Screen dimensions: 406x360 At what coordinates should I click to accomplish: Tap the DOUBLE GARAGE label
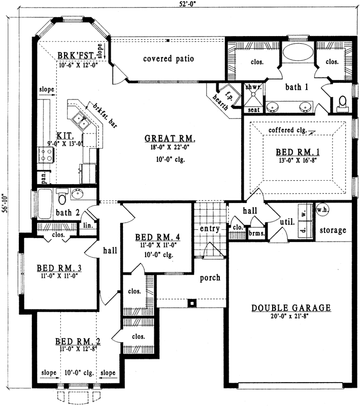[x=291, y=308]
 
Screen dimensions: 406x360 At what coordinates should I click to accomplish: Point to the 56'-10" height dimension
[x=5, y=203]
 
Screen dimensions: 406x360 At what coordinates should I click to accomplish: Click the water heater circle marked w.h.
[x=321, y=209]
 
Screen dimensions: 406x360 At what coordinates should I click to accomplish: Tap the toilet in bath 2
[x=62, y=195]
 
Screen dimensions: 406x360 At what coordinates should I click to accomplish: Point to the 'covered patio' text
[x=169, y=58]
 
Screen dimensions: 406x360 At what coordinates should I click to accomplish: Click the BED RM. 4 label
[x=155, y=237]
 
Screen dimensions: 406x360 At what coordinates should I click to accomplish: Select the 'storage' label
[x=333, y=230]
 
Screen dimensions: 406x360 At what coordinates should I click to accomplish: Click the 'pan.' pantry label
[x=44, y=177]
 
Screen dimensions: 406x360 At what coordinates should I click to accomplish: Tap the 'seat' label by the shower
[x=252, y=109]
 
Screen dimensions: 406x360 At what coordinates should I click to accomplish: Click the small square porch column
[x=191, y=303]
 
